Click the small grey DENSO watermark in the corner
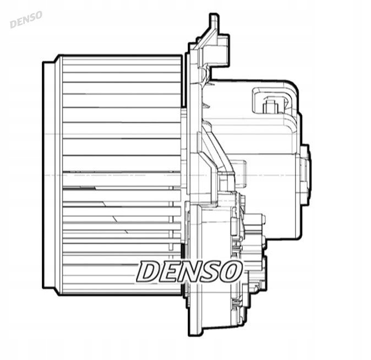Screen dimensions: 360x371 25,19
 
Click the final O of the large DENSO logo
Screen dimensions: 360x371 231,271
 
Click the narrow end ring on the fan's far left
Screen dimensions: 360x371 50,175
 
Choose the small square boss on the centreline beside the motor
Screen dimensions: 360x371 241,172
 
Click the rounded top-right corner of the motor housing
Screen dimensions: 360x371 291,89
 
